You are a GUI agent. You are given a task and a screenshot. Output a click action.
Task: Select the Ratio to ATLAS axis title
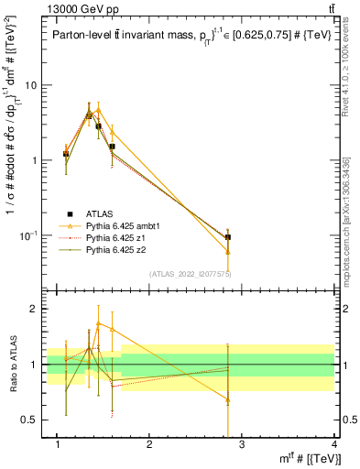[x=13, y=364]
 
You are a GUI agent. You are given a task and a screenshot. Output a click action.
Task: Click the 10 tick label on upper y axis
[x=30, y=85]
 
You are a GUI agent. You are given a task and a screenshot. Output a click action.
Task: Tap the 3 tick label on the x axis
[x=241, y=444]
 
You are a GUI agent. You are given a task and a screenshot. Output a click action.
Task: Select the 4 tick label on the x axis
[x=333, y=444]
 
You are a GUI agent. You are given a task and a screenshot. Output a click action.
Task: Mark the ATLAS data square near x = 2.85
[x=227, y=237]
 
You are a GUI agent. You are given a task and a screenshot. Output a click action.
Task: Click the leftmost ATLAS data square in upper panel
[x=66, y=154]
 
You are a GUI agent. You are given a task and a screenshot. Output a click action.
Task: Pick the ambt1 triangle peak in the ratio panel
[x=99, y=323]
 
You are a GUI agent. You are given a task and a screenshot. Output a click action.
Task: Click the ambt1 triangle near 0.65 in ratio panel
[x=227, y=400]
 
